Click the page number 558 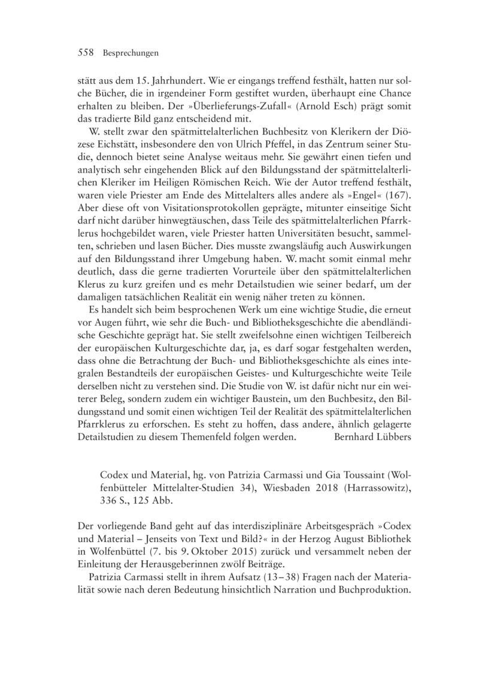[x=87, y=53]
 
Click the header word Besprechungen [x=130, y=53]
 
